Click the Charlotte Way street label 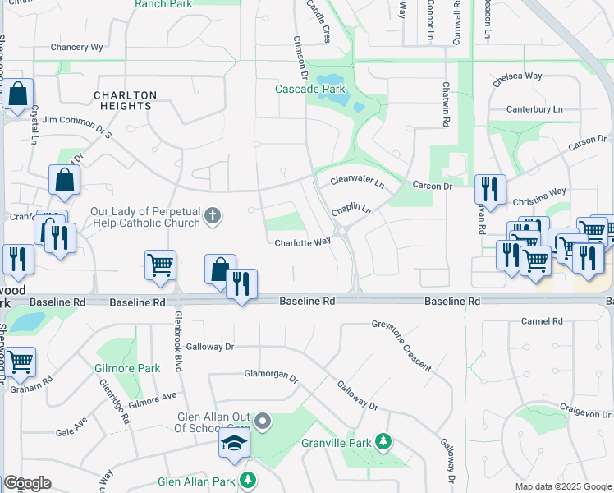coord(302,242)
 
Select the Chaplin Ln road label coord(351,211)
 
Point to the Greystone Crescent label coord(401,346)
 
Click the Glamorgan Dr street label coord(271,375)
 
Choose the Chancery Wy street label coord(76,48)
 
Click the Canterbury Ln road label coord(534,109)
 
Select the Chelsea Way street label coord(518,76)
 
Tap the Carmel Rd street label coord(546,321)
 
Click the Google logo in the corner coord(27,483)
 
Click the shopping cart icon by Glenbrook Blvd coord(160,265)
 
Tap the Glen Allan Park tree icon coord(248,481)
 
